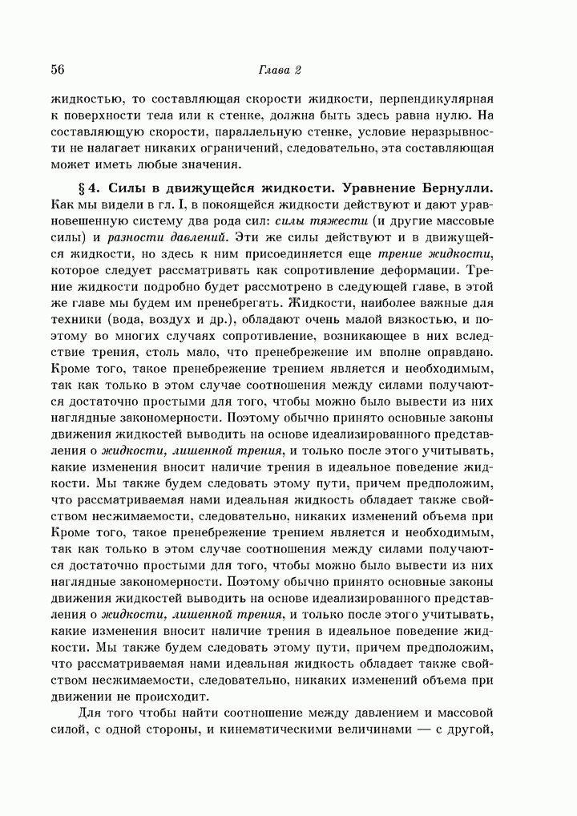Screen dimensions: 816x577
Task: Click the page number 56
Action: click(57, 70)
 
